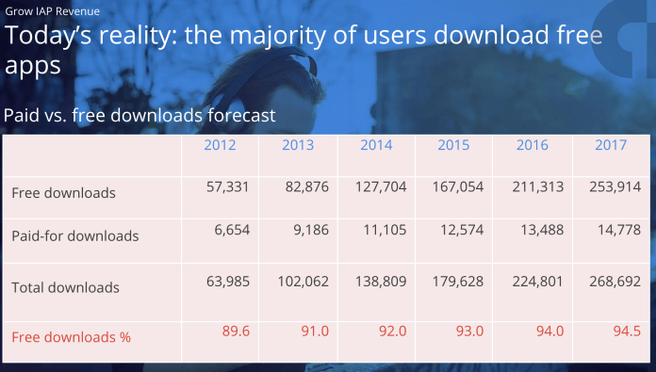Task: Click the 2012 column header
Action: click(x=220, y=146)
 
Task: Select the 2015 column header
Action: click(x=455, y=146)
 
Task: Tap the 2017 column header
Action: click(x=612, y=146)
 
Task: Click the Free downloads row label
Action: click(x=63, y=193)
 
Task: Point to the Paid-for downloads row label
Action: click(x=75, y=235)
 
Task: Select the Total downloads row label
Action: click(x=65, y=287)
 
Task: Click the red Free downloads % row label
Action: click(x=71, y=336)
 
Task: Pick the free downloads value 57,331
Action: click(x=227, y=187)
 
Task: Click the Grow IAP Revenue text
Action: click(x=53, y=11)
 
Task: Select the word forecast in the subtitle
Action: click(x=235, y=116)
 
